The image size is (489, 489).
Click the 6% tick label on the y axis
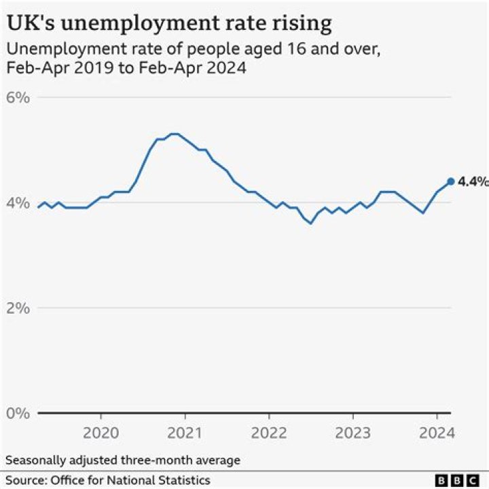point(19,97)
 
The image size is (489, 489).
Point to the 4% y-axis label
point(19,202)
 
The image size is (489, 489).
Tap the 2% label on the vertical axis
point(19,308)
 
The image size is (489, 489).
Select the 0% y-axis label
point(19,413)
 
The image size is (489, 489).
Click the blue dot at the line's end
point(450,181)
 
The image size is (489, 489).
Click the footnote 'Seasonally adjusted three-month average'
point(123,460)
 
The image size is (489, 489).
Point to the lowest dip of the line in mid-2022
point(311,223)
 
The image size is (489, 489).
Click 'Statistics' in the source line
point(185,480)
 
